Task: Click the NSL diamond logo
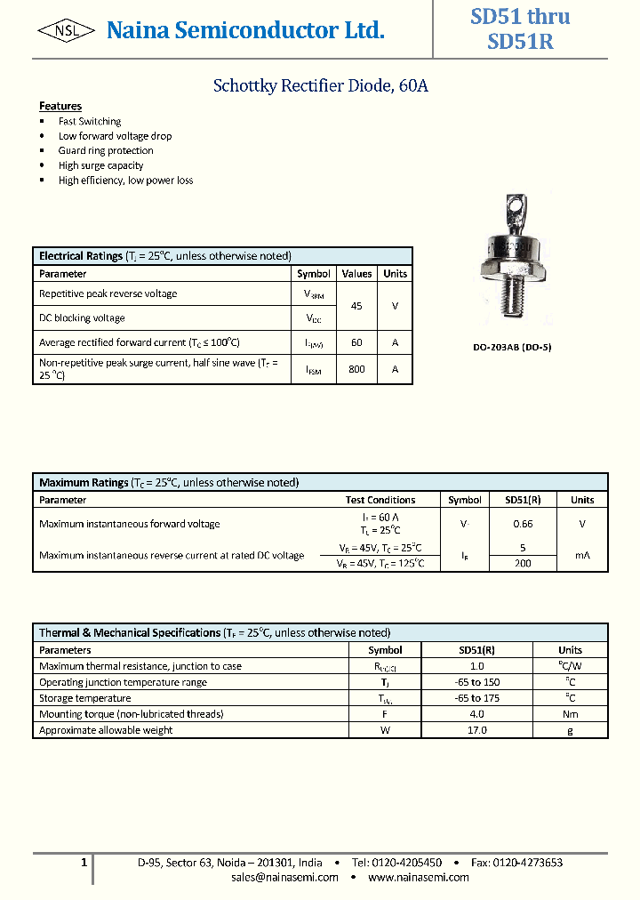66,31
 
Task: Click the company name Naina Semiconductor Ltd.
245,31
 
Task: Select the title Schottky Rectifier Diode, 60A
321,86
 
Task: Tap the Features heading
60,106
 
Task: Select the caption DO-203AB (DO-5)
511,348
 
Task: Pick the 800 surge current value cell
356,369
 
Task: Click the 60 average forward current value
356,342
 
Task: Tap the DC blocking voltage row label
82,318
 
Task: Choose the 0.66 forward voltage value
524,525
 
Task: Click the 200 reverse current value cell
524,563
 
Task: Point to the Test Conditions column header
380,500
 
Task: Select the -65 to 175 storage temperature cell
476,698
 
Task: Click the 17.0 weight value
476,730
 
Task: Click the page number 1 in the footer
84,862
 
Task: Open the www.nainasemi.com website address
418,877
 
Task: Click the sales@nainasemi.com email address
284,877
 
